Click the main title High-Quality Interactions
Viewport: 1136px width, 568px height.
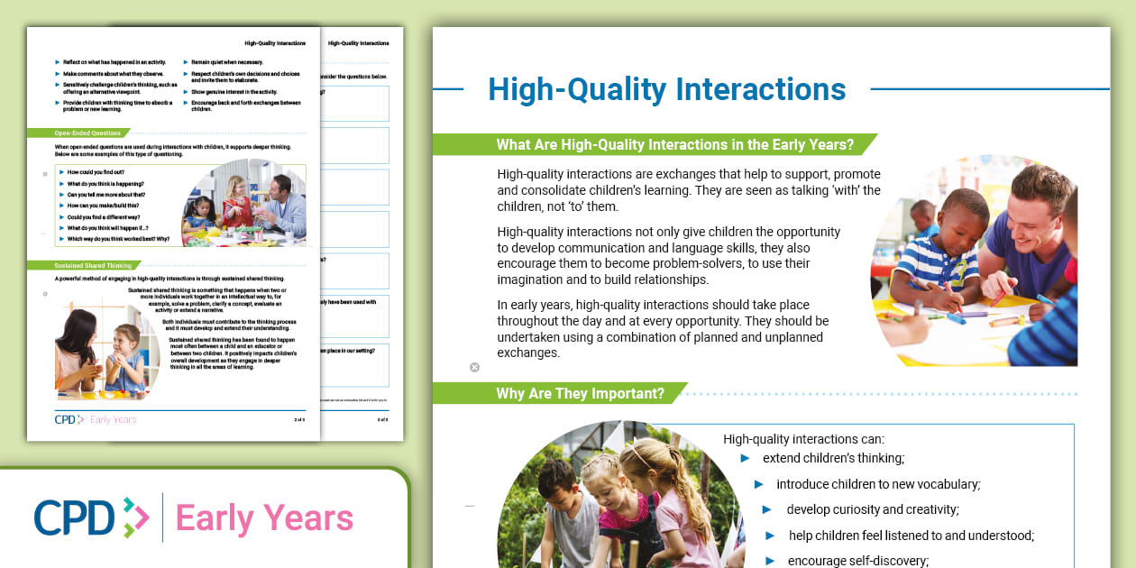pos(666,89)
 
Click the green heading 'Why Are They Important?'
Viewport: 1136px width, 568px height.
pos(580,393)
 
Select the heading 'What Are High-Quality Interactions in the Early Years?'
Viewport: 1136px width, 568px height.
pos(674,144)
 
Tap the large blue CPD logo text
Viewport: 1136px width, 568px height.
pos(75,518)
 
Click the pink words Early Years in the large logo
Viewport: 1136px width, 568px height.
pos(264,518)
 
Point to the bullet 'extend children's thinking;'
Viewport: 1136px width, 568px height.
pos(833,458)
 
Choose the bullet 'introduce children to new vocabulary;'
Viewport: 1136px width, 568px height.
pos(877,484)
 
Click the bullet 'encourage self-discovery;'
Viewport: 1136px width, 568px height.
pos(857,561)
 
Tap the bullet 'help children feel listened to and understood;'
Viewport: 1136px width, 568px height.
pos(911,536)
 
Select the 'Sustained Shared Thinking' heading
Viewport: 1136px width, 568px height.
pos(94,266)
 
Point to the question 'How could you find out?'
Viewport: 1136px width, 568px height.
pos(96,171)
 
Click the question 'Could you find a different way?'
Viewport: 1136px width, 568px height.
pos(105,217)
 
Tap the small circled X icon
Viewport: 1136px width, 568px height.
pos(475,367)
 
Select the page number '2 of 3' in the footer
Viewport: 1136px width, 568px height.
pos(298,420)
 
